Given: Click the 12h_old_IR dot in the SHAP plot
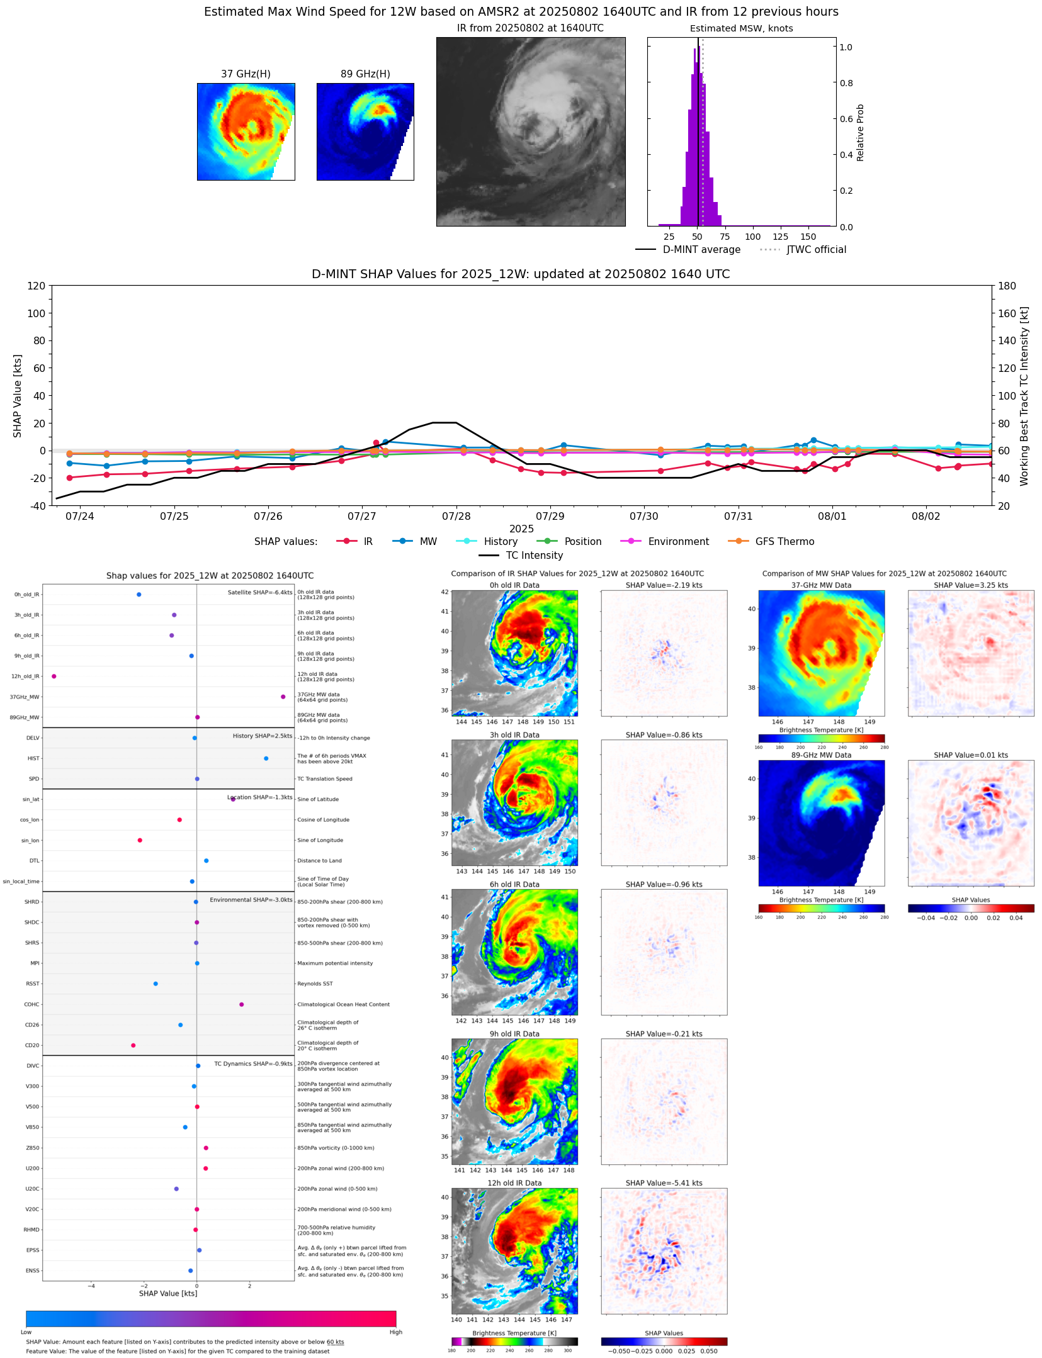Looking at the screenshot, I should point(54,676).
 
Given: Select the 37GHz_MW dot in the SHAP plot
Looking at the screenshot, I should point(283,697).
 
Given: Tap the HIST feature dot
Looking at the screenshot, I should point(266,758).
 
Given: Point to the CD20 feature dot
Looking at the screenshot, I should point(133,1045).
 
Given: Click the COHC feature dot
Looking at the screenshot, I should point(242,1004).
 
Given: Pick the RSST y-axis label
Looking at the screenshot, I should point(32,984).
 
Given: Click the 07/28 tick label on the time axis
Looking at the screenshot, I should point(456,517).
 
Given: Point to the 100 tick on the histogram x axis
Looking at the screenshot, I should point(752,237).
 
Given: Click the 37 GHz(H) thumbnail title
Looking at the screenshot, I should point(246,74).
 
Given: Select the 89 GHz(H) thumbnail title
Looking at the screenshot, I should point(365,74).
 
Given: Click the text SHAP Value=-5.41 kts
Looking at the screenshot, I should point(664,1183).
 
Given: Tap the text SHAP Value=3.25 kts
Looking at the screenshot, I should point(970,585).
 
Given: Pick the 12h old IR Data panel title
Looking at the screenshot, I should point(514,1183).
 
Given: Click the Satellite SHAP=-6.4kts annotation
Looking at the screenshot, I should point(259,592).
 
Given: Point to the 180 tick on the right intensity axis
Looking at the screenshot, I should point(1007,286).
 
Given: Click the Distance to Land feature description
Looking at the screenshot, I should point(319,861).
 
